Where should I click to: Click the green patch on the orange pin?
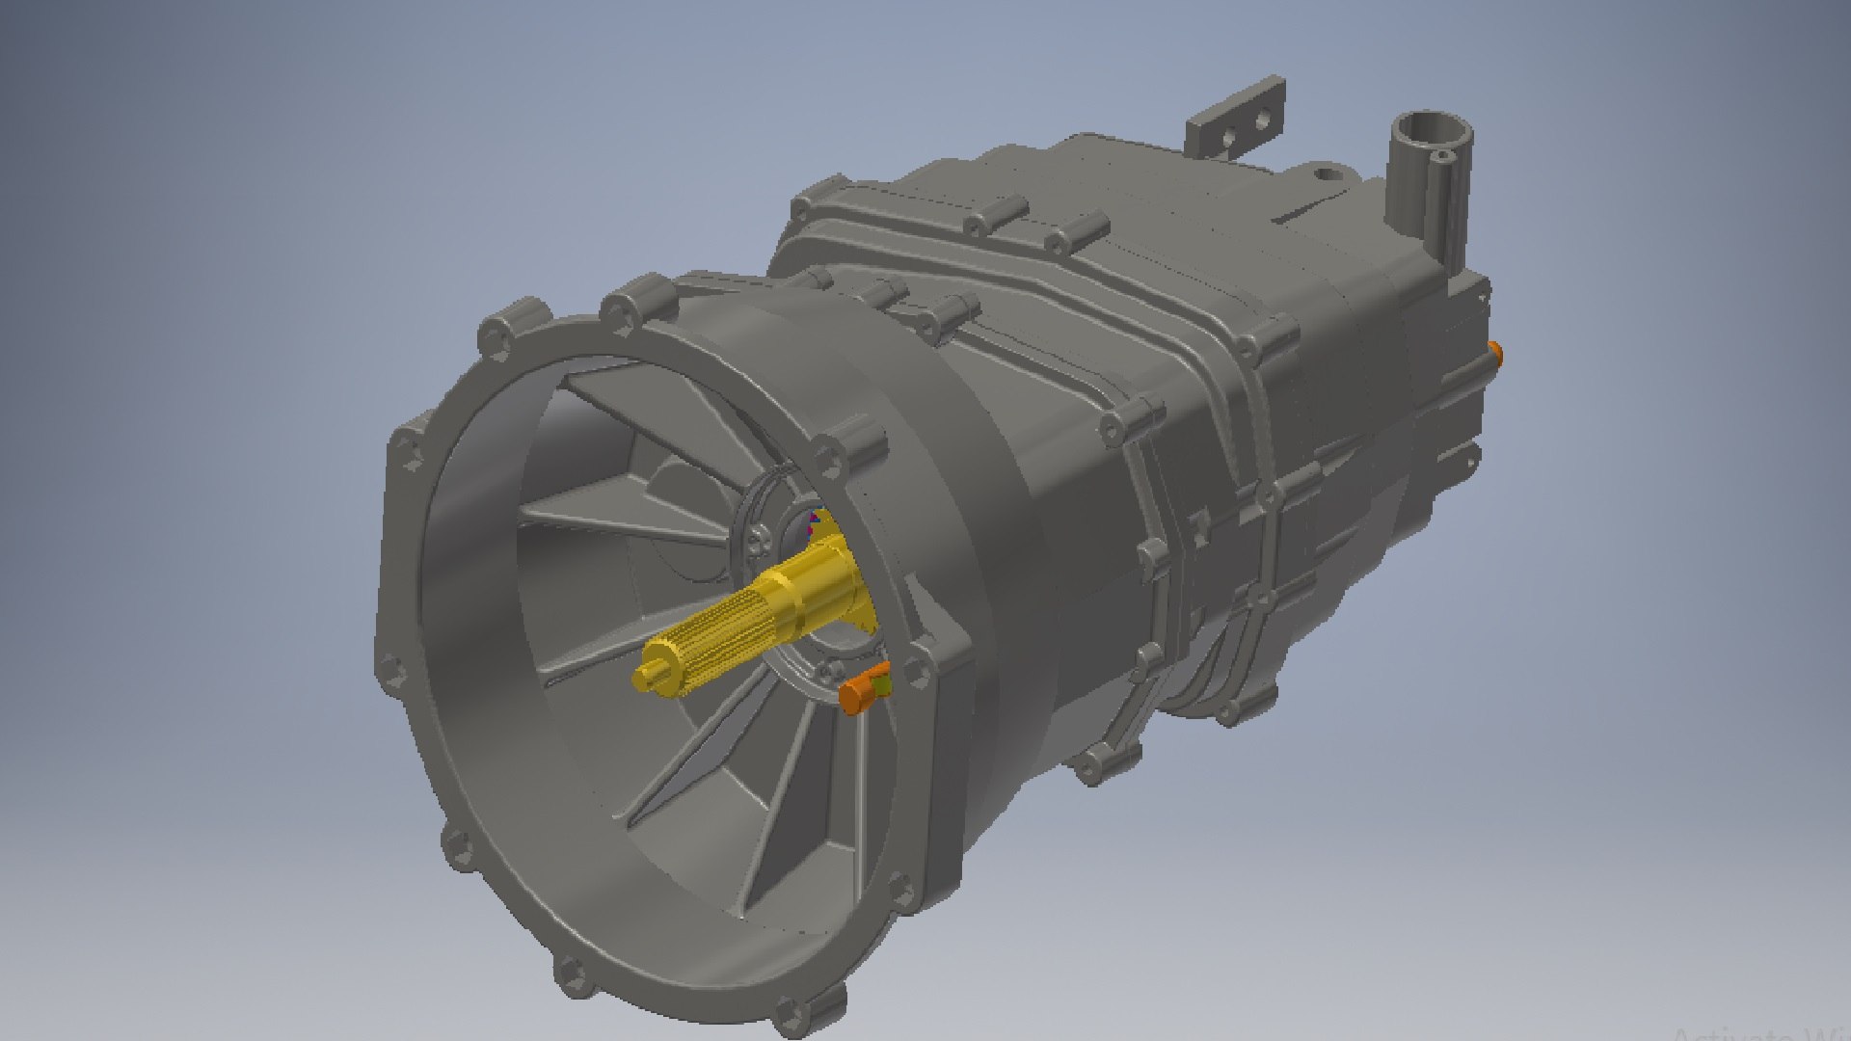point(880,685)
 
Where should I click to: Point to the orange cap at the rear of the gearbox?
point(1495,351)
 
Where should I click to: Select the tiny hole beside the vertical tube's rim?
point(1441,155)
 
